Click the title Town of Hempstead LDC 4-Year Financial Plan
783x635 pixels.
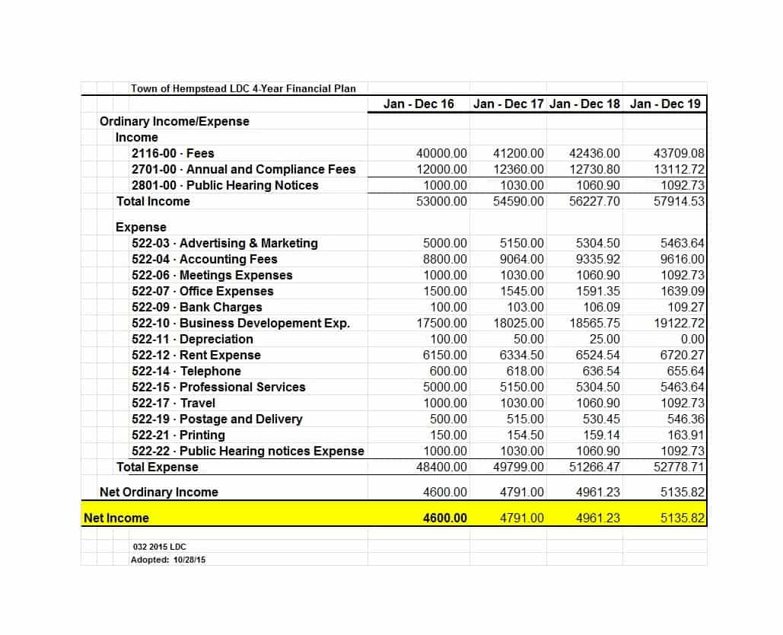tap(243, 88)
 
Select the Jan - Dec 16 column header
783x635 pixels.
tap(419, 104)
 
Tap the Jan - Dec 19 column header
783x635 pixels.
tap(665, 104)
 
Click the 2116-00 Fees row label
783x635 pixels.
tap(173, 153)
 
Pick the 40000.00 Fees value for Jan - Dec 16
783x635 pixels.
tap(442, 153)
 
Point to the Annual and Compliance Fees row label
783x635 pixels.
tap(243, 169)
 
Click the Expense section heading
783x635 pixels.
tap(141, 227)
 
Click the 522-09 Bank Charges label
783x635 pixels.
tap(196, 307)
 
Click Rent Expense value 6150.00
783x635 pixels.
tap(445, 355)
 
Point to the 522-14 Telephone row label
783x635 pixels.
tap(186, 371)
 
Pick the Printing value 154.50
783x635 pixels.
tap(525, 435)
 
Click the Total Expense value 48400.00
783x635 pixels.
tap(442, 467)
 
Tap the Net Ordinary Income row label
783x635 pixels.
tap(158, 492)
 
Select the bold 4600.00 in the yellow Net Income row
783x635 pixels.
tap(445, 518)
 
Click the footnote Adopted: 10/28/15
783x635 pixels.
tap(168, 560)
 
